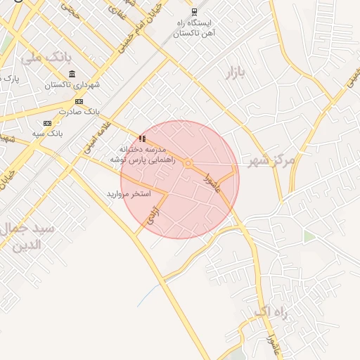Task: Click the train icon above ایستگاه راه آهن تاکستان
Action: pos(195,12)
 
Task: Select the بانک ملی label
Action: pos(47,58)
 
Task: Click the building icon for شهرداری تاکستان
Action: pos(72,75)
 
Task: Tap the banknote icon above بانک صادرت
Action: pos(79,101)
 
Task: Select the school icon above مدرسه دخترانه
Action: pos(143,139)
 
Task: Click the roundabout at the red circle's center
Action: pos(188,164)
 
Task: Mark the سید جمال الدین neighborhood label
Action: pos(30,237)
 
